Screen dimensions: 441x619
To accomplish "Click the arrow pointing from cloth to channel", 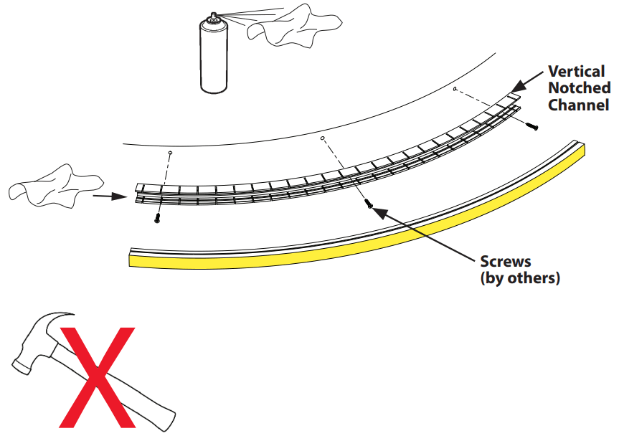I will tap(111, 194).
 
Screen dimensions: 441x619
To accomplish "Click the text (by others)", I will tap(519, 278).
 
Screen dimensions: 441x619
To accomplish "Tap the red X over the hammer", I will tap(97, 376).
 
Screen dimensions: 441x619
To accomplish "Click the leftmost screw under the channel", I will tap(156, 219).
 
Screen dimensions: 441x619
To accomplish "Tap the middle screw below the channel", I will tap(369, 204).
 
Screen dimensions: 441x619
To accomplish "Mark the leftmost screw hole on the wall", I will tap(170, 153).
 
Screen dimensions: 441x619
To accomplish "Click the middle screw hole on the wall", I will tap(323, 138).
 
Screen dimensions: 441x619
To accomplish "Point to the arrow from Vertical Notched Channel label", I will tap(529, 79).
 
